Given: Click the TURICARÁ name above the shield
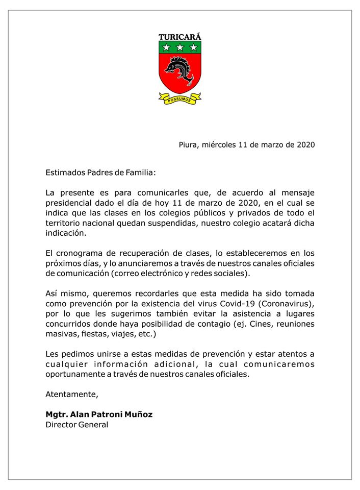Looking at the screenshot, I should [x=179, y=37].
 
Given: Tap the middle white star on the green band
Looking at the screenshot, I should [x=180, y=48].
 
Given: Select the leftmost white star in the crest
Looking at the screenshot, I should [x=167, y=48].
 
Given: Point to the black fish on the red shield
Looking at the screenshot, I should [x=179, y=71].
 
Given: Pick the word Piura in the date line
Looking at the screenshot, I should [x=188, y=144].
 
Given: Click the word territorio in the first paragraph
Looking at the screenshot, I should [x=65, y=224].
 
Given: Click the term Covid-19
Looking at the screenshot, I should [x=240, y=304].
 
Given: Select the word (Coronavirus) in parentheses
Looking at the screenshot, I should [x=288, y=304].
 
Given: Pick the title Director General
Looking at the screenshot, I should [x=77, y=425].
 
